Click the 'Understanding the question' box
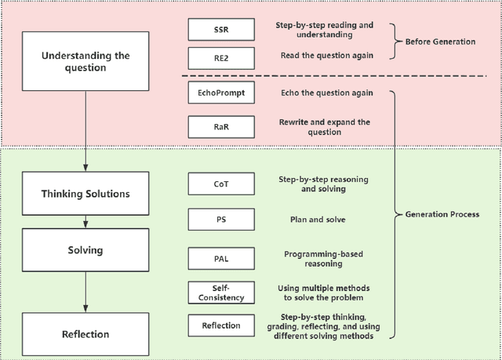coord(85,61)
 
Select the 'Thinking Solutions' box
coord(85,193)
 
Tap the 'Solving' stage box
coord(85,251)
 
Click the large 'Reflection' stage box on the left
coord(85,334)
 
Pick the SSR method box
coord(221,29)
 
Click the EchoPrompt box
coord(221,93)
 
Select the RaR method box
coord(221,126)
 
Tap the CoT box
coord(221,184)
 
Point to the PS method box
coord(221,219)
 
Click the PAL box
coord(221,257)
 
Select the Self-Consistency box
coord(221,293)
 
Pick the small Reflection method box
coord(221,325)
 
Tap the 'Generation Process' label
coord(442,214)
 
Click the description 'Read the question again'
coord(324,56)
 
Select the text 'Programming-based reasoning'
coord(323,258)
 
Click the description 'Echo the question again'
coord(324,93)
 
